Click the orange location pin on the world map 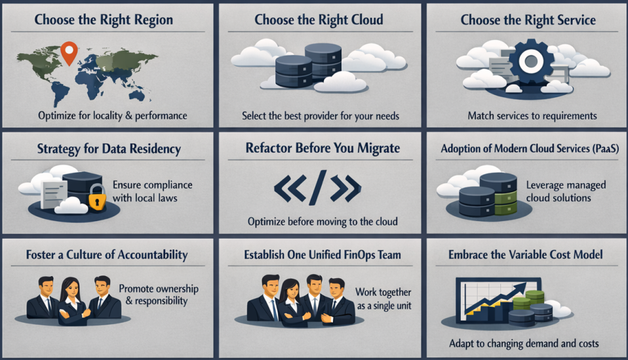69,50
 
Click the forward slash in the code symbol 317,188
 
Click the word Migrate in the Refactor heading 378,148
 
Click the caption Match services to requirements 532,116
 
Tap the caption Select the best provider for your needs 321,116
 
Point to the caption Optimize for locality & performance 113,116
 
